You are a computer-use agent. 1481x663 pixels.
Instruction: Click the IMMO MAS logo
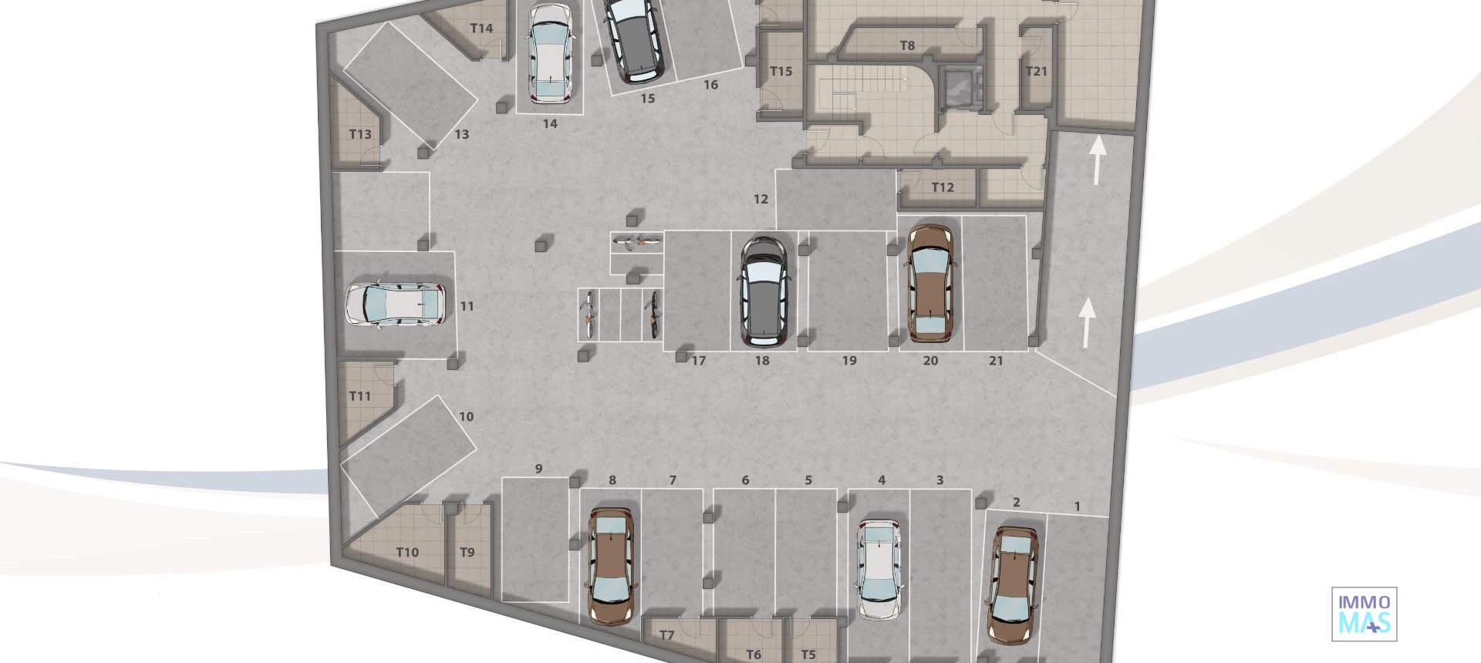point(1364,614)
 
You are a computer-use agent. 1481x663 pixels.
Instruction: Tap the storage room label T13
point(360,134)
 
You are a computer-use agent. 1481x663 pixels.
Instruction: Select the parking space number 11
point(467,306)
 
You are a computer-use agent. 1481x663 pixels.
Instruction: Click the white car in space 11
point(395,304)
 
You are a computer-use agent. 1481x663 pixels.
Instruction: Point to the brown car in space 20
point(931,283)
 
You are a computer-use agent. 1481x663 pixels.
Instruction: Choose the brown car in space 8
point(612,565)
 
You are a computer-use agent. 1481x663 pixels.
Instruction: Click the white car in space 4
point(879,569)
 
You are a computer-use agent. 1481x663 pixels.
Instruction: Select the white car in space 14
point(549,54)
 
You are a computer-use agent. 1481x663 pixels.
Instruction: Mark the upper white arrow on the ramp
point(1096,160)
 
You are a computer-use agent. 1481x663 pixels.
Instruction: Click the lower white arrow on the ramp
point(1087,321)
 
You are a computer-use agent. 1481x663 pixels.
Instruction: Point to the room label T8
point(907,45)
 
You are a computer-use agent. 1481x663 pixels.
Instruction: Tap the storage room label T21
point(1036,71)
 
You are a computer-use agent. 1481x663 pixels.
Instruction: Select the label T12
point(942,187)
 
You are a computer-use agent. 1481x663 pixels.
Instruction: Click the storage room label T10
point(407,552)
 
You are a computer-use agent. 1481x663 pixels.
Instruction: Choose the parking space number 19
point(849,360)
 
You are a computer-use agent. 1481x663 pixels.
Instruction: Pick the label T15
point(781,71)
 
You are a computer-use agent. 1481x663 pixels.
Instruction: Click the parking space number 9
point(539,468)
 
